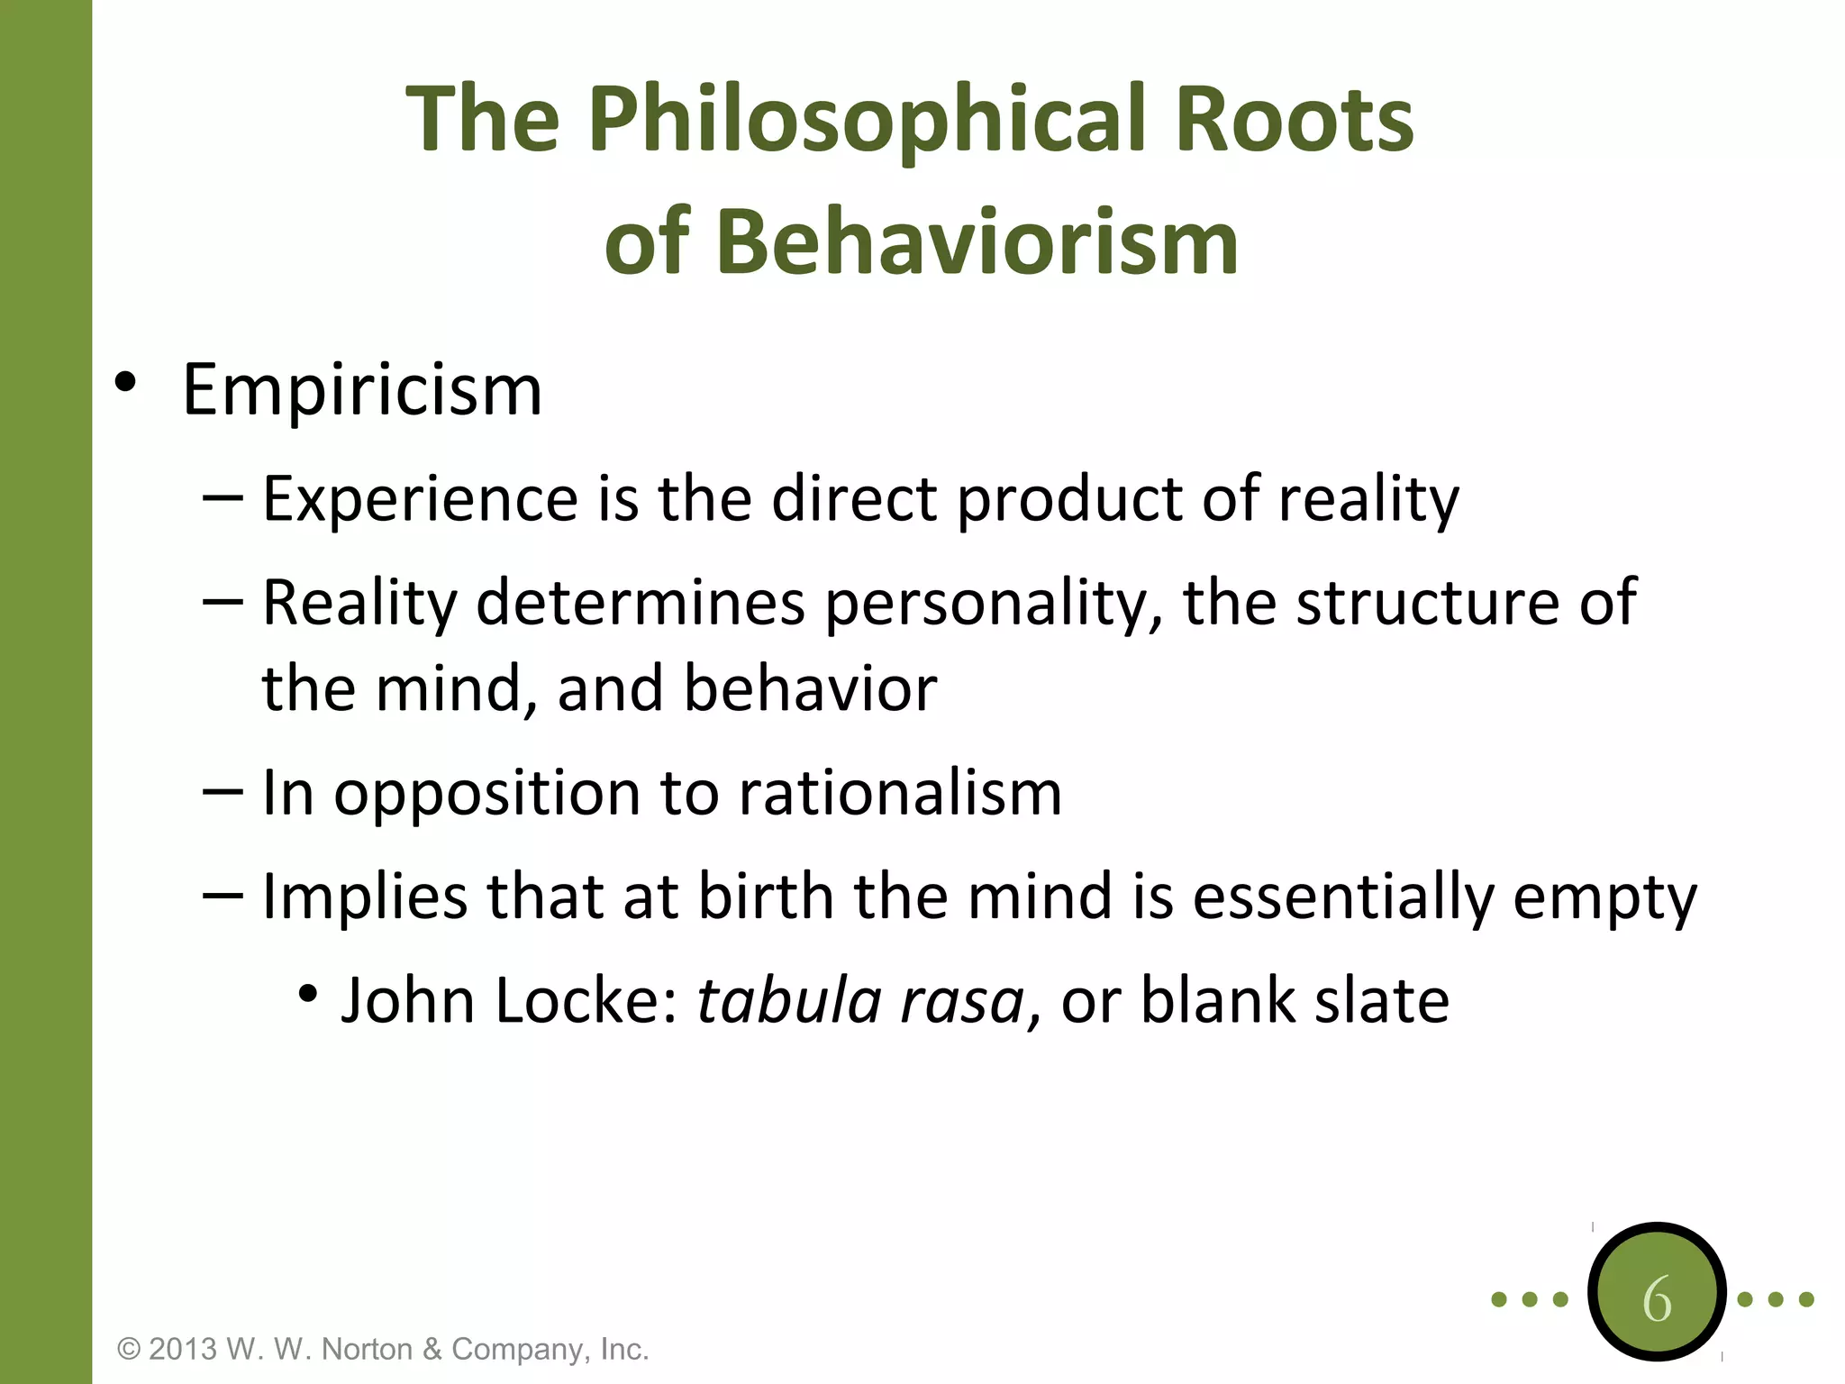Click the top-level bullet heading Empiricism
362,390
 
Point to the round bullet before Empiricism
125,382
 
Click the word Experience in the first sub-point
420,499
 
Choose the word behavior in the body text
810,688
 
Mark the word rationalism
900,793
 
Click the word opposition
486,793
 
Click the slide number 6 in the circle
1657,1299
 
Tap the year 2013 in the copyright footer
183,1349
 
